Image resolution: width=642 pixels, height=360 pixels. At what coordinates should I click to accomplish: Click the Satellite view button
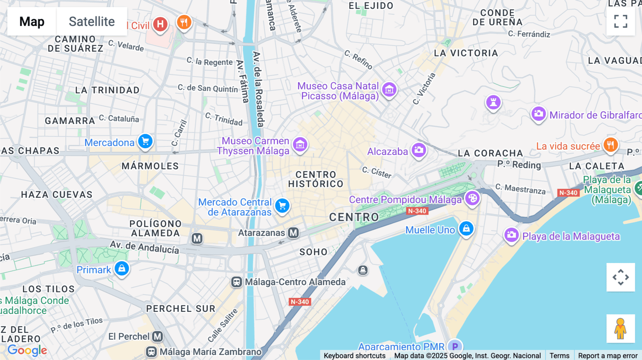point(92,21)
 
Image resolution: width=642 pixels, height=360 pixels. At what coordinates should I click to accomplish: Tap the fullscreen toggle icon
point(621,21)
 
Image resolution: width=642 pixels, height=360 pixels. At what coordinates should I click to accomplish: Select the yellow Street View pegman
point(620,328)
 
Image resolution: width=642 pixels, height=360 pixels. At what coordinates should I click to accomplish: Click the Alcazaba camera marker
point(419,150)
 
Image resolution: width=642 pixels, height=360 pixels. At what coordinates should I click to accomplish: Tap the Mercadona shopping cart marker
point(145,142)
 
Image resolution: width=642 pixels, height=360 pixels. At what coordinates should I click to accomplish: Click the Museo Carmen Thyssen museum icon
point(300,144)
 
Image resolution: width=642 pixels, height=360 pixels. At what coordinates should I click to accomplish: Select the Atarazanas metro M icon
point(293,233)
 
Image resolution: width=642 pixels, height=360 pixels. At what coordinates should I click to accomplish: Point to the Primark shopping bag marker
point(122,268)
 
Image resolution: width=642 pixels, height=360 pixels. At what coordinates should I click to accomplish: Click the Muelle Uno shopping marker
point(466,228)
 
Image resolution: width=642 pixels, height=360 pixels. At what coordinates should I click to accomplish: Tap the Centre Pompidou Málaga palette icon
point(472,198)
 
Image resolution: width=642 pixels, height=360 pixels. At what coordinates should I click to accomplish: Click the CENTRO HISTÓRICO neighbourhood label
point(316,179)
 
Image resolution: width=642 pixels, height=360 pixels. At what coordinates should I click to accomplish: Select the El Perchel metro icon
point(157,336)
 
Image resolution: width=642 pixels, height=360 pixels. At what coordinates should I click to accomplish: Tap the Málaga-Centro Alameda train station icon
point(236,282)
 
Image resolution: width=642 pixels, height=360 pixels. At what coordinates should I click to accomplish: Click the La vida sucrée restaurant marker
point(610,145)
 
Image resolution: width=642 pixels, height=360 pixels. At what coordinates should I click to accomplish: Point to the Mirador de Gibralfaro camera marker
point(538,114)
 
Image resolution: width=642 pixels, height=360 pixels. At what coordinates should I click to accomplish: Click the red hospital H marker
point(160,24)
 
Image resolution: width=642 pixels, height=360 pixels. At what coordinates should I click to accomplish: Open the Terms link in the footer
point(559,355)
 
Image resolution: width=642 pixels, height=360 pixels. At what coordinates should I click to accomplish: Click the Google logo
point(27,350)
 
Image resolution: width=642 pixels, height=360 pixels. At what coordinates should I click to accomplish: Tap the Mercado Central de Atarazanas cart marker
point(282,205)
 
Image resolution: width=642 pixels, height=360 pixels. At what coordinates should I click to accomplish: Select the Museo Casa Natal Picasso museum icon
point(389,89)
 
